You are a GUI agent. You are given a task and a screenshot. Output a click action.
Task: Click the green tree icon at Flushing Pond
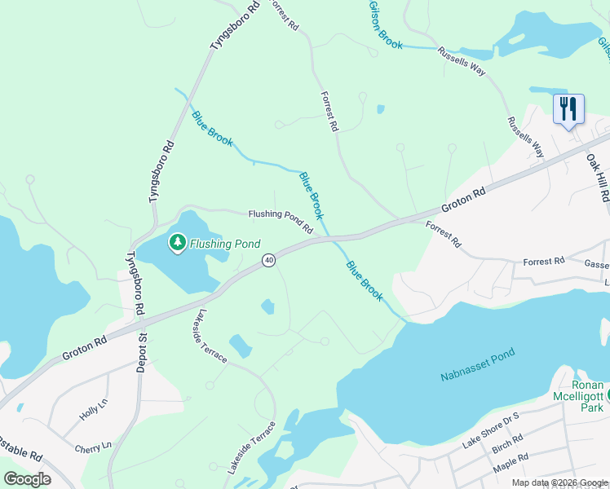pyautogui.click(x=177, y=242)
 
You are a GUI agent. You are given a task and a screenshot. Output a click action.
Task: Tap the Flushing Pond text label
pyautogui.click(x=225, y=244)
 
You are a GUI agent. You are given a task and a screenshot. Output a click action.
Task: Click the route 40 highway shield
pyautogui.click(x=268, y=260)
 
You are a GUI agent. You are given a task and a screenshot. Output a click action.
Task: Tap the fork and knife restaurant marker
pyautogui.click(x=568, y=108)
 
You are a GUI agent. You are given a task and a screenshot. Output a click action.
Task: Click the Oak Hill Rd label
pyautogui.click(x=598, y=179)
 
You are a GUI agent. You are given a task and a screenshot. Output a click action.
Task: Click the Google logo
pyautogui.click(x=27, y=478)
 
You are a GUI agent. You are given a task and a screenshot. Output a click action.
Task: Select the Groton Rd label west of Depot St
pyautogui.click(x=85, y=346)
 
